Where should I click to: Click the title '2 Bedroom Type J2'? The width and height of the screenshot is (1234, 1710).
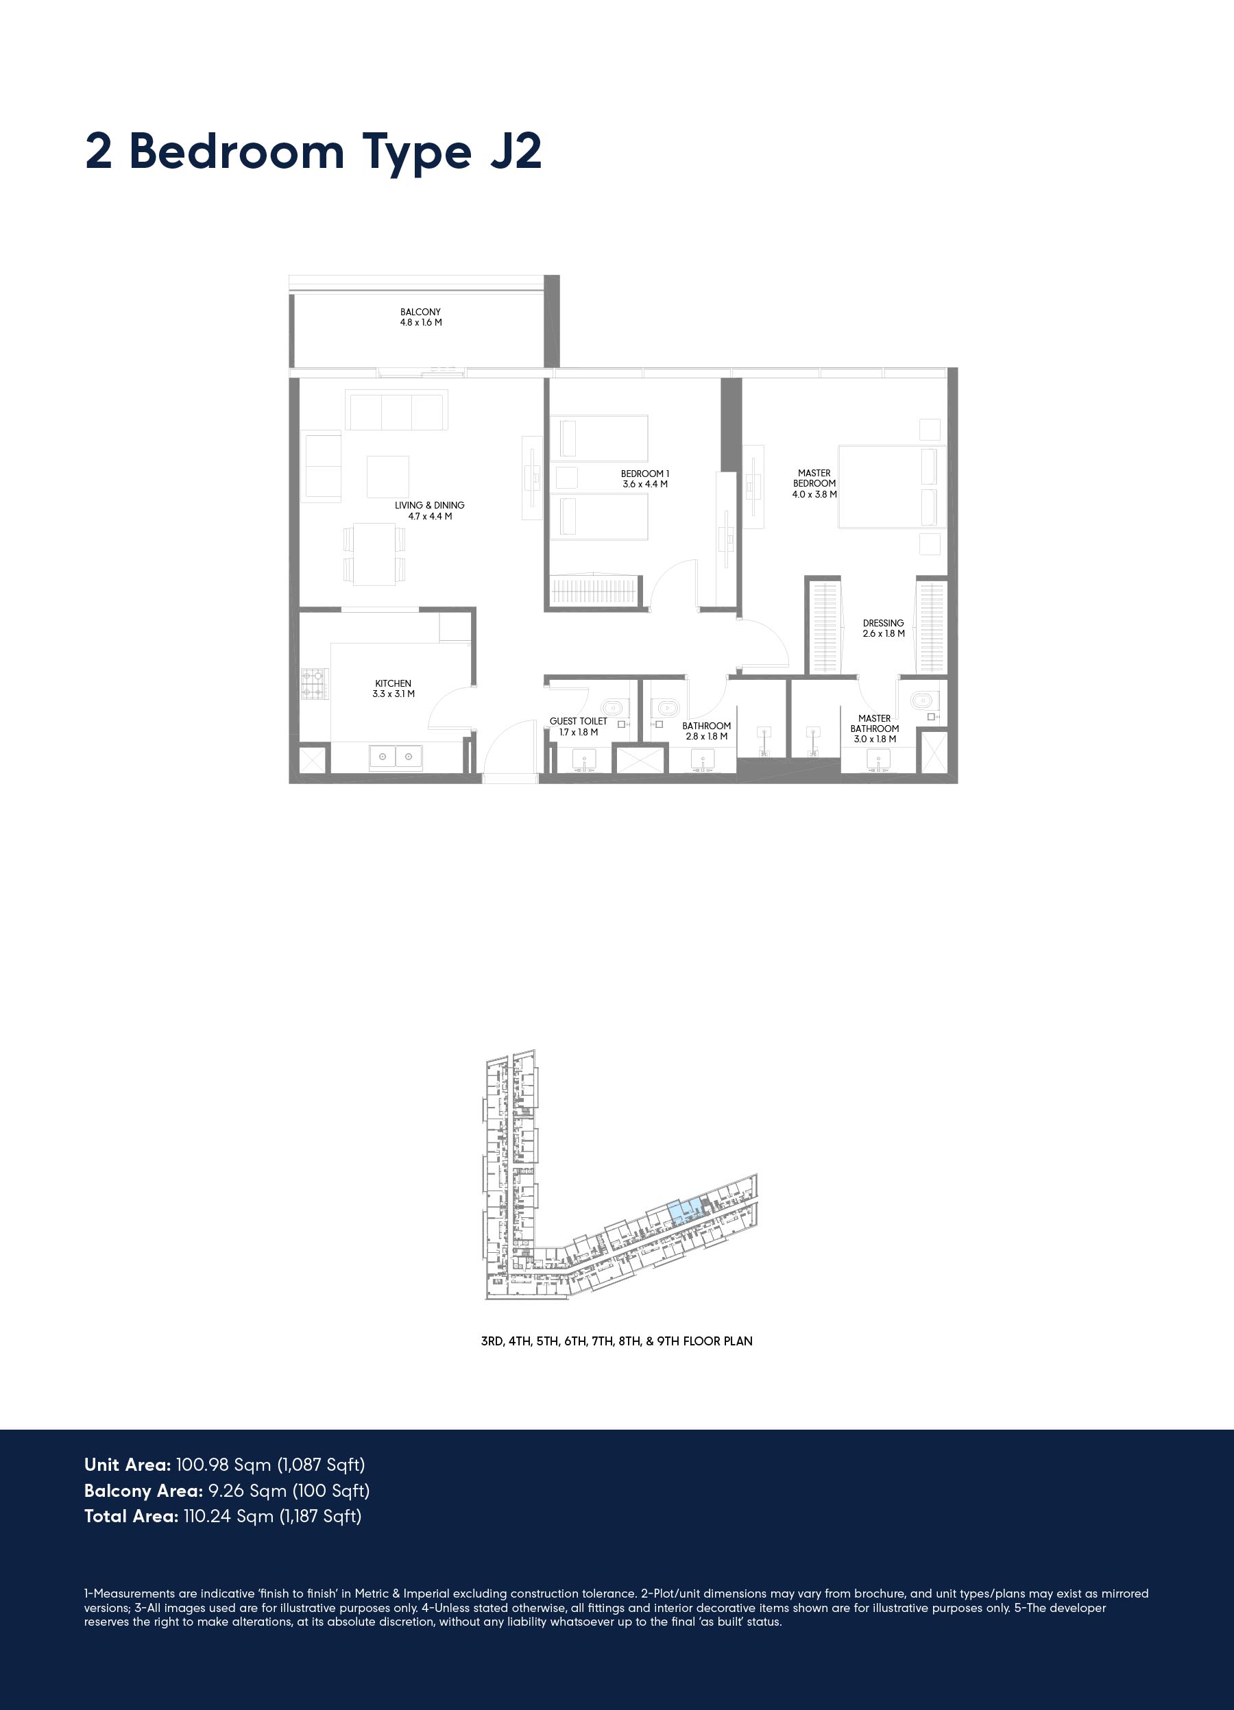point(313,153)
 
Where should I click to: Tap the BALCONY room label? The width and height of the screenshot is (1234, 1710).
point(421,312)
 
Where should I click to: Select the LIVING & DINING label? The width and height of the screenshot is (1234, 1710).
point(429,505)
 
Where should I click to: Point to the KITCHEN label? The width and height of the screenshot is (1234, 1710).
point(393,684)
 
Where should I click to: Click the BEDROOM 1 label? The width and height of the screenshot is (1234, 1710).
point(645,474)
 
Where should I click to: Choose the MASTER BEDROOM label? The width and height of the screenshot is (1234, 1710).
point(814,478)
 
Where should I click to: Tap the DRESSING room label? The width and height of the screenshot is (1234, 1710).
point(883,624)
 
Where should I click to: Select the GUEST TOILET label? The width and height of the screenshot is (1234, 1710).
point(579,722)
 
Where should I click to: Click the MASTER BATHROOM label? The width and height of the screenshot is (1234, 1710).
point(875,724)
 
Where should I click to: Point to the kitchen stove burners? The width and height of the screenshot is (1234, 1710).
point(316,684)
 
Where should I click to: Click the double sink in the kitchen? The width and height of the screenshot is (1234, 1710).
point(396,756)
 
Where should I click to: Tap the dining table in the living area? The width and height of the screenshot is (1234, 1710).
point(375,554)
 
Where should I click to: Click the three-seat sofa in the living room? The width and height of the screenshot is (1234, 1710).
point(397,409)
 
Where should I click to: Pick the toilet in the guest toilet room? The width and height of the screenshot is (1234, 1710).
point(613,708)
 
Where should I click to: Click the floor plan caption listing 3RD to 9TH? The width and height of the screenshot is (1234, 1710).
point(617,1341)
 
